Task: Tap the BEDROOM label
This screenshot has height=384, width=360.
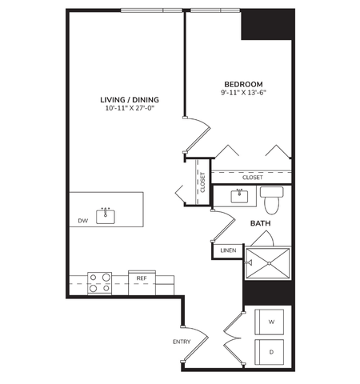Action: point(242,83)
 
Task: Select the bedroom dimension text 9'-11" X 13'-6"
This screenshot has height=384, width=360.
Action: point(242,92)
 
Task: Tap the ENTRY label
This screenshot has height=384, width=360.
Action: point(182,342)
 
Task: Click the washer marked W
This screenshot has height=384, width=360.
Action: point(270,322)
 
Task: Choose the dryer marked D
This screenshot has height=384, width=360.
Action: point(270,351)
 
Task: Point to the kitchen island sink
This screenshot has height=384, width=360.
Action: point(105,214)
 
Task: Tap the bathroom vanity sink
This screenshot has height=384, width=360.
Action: point(240,195)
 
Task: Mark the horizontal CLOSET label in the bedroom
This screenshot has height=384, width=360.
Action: point(242,177)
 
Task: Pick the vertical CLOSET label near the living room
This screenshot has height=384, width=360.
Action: point(202,182)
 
